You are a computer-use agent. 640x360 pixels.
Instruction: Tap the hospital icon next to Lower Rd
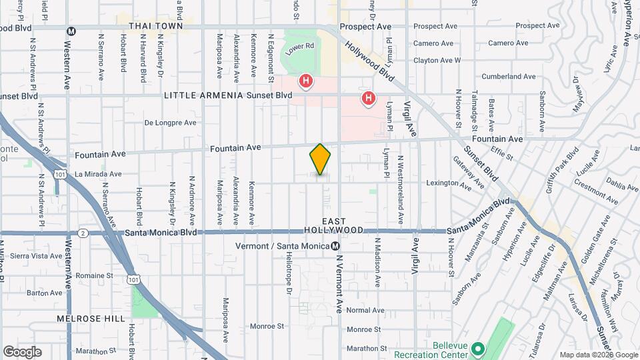[x=306, y=82]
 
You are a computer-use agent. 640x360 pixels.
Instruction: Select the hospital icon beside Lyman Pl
[x=368, y=99]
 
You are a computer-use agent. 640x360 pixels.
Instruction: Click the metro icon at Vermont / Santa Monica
[x=336, y=246]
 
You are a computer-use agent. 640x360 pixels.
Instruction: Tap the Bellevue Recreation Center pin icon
[x=477, y=349]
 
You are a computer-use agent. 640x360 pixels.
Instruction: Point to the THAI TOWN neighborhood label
[x=155, y=26]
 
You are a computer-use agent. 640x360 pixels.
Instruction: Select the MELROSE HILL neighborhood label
[x=91, y=319]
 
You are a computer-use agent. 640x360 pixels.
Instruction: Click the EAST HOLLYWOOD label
[x=343, y=225]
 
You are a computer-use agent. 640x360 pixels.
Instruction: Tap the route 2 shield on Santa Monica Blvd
[x=83, y=233]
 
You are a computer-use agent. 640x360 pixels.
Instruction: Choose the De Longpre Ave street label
[x=171, y=123]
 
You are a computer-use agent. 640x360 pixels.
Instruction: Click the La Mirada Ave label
[x=98, y=174]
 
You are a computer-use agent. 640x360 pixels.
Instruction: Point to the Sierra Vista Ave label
[x=37, y=256]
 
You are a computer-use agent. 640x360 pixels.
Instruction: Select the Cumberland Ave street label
[x=509, y=77]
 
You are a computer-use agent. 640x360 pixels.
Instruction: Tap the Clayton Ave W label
[x=437, y=60]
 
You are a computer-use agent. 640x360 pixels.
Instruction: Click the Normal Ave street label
[x=365, y=310]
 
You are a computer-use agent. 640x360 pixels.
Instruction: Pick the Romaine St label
[x=94, y=275]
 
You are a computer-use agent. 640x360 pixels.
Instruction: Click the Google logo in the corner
[x=22, y=351]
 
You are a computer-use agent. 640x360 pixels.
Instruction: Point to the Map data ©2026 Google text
[x=599, y=355]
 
